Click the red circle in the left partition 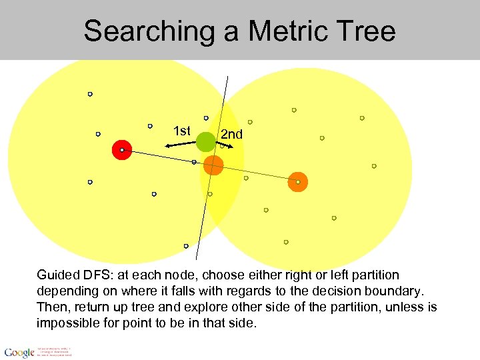point(122,151)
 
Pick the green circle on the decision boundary point(206,141)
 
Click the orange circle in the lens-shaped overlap point(213,165)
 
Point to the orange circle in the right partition point(297,182)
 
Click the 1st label point(181,131)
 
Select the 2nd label point(232,134)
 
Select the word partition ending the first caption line point(374,275)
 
